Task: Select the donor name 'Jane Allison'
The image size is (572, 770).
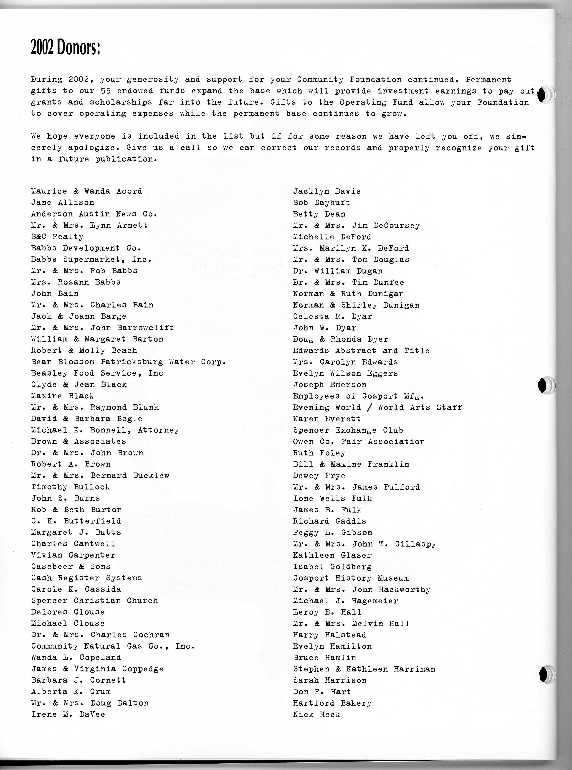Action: [x=62, y=203]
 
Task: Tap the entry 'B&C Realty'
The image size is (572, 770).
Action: [x=57, y=237]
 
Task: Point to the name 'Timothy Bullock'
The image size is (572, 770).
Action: [x=71, y=487]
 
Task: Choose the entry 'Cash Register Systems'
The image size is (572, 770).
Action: [x=86, y=578]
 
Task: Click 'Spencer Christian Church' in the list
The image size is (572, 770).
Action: [x=94, y=601]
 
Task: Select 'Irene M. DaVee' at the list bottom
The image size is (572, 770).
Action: [x=68, y=715]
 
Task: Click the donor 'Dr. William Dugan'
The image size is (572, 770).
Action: [x=338, y=271]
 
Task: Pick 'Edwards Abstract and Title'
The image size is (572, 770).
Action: [x=361, y=351]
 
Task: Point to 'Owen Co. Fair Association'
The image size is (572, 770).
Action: [x=359, y=442]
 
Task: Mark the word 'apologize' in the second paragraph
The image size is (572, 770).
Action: [x=91, y=148]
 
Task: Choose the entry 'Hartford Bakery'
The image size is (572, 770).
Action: [x=332, y=703]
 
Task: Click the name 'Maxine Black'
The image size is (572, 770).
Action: [x=62, y=396]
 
